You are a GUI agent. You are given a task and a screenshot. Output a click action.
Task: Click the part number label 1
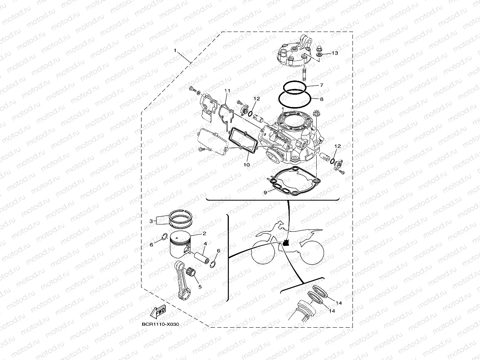coord(175,50)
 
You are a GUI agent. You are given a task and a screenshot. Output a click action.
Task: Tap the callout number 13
coord(334,53)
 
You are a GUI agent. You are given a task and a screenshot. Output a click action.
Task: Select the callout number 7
coord(322,85)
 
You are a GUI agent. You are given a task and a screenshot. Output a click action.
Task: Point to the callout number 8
coord(322,99)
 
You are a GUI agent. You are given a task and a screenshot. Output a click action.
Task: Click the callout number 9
coord(265,192)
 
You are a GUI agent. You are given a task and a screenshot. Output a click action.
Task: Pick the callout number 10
coord(247,164)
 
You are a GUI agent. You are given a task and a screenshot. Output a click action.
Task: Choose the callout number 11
coord(227,91)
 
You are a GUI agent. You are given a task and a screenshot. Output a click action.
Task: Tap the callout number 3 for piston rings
coord(151,221)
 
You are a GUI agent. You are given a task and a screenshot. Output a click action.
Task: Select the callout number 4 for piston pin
coord(206,244)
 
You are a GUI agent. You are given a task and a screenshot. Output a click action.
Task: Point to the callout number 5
coord(200,286)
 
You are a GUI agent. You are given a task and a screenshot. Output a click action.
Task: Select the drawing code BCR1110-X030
coord(160,325)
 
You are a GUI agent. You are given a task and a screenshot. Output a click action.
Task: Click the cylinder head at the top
coord(295,54)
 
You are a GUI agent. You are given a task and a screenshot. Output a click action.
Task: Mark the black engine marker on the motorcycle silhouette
coord(286,243)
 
